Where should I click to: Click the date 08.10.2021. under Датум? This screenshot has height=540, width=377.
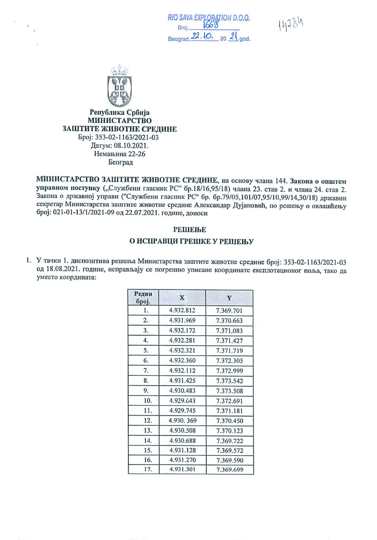point(131,145)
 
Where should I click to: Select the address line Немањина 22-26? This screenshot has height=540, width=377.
point(120,154)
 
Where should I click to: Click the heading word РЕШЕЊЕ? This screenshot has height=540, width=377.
point(190,230)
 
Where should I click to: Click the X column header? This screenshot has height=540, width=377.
point(182,298)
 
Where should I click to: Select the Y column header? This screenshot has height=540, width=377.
point(229,298)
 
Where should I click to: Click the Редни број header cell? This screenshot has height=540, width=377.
point(143,298)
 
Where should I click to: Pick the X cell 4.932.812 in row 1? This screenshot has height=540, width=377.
point(182,310)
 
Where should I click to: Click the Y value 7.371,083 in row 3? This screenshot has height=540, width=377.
point(229,331)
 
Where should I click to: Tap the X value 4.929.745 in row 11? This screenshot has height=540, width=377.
point(182,411)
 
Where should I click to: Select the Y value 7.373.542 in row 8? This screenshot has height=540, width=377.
point(229,381)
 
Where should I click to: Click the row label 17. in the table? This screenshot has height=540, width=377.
point(148,469)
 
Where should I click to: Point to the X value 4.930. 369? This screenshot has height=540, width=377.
point(182,421)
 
